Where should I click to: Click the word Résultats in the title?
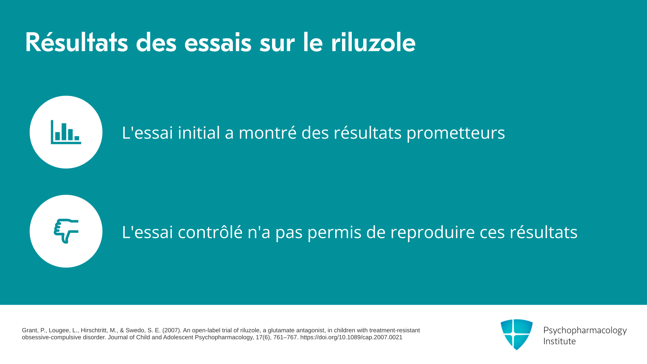click(x=76, y=42)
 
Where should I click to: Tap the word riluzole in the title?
click(x=373, y=42)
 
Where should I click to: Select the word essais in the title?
click(x=218, y=42)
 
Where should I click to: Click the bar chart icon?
click(x=66, y=132)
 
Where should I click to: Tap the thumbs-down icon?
click(x=66, y=231)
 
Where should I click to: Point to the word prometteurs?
click(x=456, y=133)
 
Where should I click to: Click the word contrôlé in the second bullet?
click(x=210, y=232)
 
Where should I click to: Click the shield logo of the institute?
click(x=517, y=334)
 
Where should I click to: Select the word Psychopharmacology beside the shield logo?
click(x=585, y=331)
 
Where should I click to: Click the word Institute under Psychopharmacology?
click(x=559, y=341)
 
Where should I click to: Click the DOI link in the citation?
click(x=351, y=337)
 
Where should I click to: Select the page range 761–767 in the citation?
click(x=285, y=337)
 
